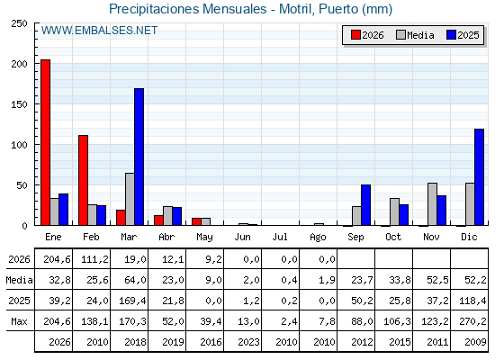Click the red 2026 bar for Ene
pos(45,142)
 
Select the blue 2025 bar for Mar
pos(139,157)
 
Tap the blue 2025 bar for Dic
pos(479,177)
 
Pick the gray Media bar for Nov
pos(432,204)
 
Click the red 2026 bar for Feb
pos(83,180)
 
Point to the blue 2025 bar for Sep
pos(365,205)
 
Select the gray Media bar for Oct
pos(394,211)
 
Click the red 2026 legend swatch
pos(355,35)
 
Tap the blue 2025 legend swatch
pos(451,35)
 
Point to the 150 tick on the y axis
pos(19,104)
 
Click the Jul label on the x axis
pos(280,237)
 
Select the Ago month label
pos(318,238)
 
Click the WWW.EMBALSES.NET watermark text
pos(99,31)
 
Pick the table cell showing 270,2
pos(472,321)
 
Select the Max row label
pos(19,321)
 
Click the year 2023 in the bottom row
pos(248,342)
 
